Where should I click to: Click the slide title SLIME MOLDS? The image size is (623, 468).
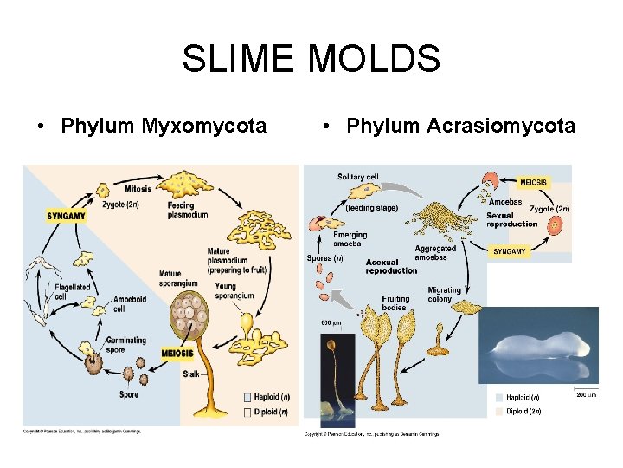click(x=311, y=60)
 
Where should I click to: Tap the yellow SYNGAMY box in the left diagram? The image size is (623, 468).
click(x=66, y=215)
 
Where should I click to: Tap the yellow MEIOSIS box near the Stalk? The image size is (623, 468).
click(x=177, y=354)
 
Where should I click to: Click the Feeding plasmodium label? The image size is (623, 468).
click(x=188, y=210)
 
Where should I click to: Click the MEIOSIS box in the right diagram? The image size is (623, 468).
click(x=533, y=182)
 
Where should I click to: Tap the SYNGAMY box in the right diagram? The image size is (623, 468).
click(x=510, y=251)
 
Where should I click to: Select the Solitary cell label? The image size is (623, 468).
click(x=358, y=178)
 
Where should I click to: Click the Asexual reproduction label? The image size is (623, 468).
click(x=391, y=266)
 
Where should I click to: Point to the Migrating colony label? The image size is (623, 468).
click(x=445, y=295)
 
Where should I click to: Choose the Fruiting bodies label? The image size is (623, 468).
click(x=395, y=303)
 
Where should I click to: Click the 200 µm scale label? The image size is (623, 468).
click(x=586, y=395)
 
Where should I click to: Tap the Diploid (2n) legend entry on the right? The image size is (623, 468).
click(x=525, y=411)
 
